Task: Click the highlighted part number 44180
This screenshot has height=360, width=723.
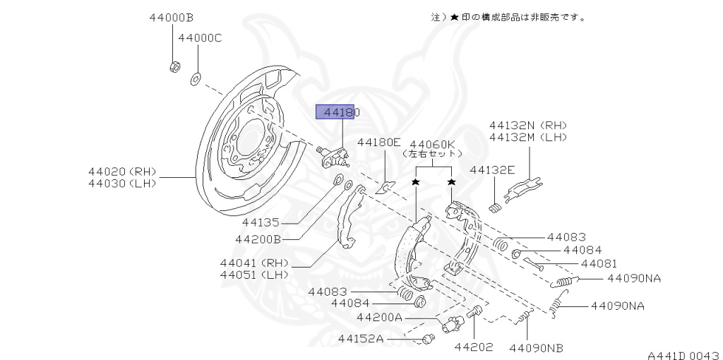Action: [342, 112]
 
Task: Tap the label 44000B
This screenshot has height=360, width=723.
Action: [171, 17]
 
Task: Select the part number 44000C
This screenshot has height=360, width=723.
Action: [200, 38]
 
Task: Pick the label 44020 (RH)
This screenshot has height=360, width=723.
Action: [122, 171]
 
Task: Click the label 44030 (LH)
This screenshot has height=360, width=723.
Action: [122, 184]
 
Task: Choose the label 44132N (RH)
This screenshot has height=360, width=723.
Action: [527, 124]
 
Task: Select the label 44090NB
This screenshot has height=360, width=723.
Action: [537, 347]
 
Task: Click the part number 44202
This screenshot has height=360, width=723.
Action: [473, 347]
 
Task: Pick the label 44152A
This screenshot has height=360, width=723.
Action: [360, 339]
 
